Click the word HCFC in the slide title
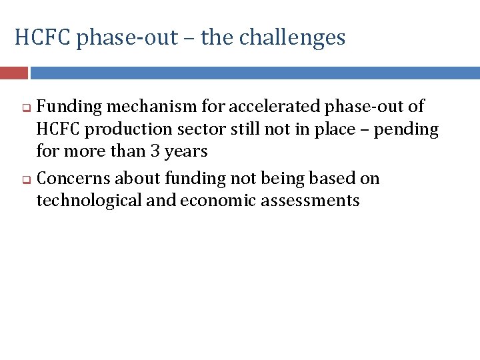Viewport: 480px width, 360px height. [43, 37]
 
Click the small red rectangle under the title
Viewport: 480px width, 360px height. [13, 73]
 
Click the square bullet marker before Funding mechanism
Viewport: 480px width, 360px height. [28, 107]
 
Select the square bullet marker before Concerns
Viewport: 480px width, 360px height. [28, 179]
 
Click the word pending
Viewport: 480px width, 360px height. [406, 129]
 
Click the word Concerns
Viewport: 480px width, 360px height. [74, 179]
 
